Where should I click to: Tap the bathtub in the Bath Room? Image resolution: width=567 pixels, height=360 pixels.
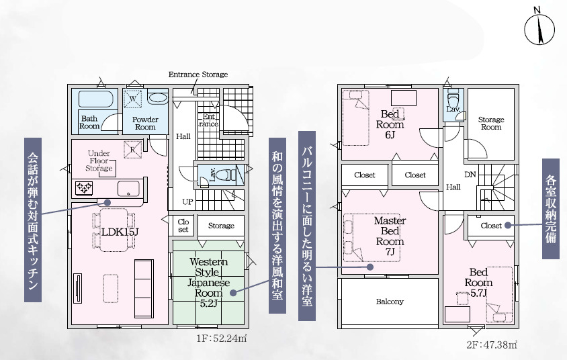96,99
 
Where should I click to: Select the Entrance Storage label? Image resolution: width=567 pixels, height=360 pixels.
198,75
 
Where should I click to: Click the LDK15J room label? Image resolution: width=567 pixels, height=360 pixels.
120,232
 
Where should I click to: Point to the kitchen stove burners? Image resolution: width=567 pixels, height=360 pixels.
84,188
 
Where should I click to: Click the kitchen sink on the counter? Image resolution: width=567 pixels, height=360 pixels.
128,189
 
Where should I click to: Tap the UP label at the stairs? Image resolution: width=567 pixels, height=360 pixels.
187,201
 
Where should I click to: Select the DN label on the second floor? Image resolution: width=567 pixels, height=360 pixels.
470,175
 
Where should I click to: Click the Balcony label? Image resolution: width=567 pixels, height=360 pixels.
390,302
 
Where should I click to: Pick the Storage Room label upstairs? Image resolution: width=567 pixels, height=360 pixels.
491,124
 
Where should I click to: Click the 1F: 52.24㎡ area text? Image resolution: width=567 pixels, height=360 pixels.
222,339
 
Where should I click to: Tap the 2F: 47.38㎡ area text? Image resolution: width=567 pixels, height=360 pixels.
492,345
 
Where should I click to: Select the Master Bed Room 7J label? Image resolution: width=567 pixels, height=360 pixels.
390,236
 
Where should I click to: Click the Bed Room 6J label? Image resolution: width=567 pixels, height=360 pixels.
390,124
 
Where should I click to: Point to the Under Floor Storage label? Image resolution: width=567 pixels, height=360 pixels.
99,161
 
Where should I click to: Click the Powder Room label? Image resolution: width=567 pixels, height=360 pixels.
145,124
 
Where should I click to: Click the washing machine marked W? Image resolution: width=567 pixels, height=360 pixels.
133,99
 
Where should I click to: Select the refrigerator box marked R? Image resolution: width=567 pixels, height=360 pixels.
133,150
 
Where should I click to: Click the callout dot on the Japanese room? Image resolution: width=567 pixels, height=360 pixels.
233,292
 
